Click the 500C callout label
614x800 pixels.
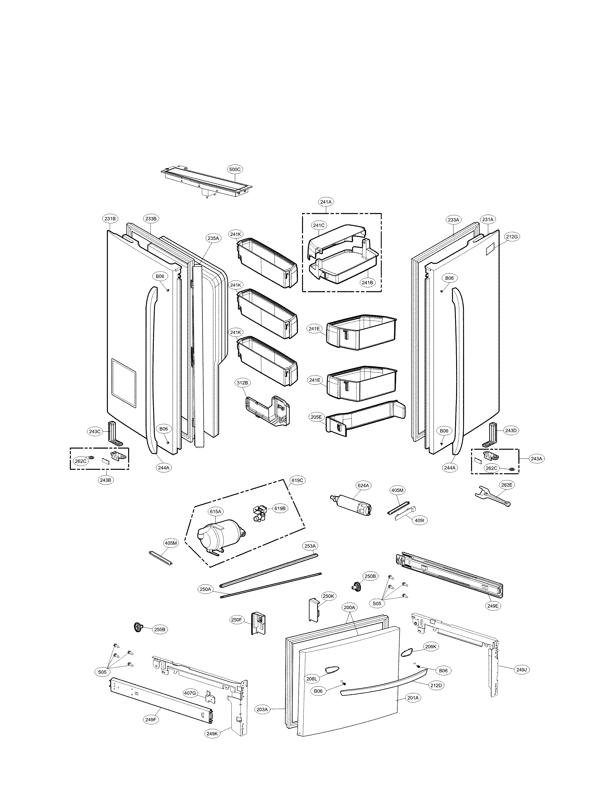(x=235, y=169)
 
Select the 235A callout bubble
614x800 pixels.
(x=213, y=238)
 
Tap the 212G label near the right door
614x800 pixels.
(x=512, y=237)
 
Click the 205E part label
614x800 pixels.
(x=316, y=417)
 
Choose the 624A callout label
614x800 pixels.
(x=363, y=486)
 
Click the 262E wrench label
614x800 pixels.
(x=507, y=485)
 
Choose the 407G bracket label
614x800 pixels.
(x=190, y=693)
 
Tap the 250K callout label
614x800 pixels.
(x=328, y=596)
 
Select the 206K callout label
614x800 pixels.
(x=430, y=646)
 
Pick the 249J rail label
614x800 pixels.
(x=522, y=670)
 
